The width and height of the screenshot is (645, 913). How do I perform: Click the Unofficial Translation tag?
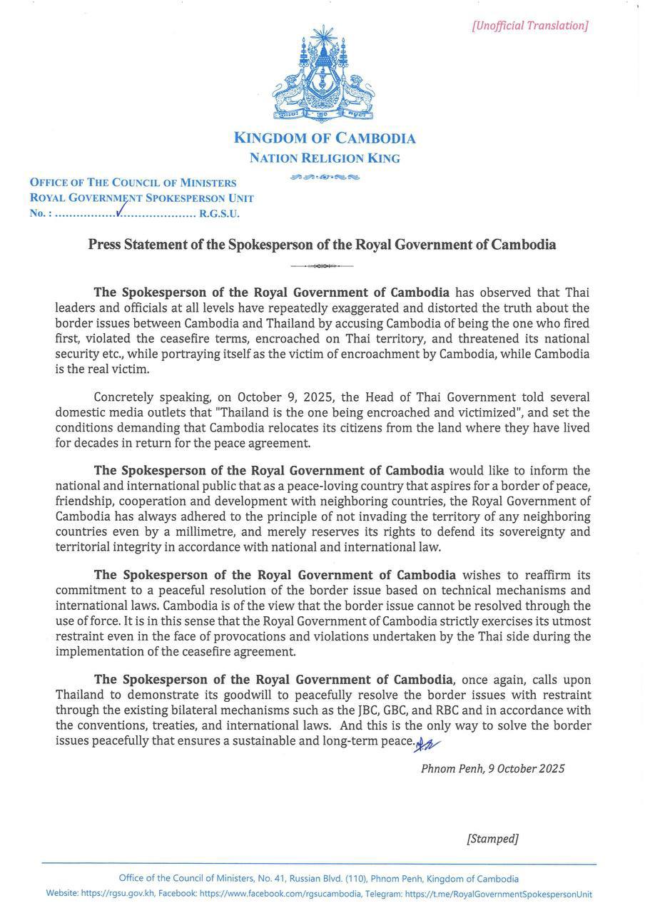pyautogui.click(x=529, y=26)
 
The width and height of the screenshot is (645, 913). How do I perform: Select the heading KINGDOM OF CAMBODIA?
pyautogui.click(x=325, y=138)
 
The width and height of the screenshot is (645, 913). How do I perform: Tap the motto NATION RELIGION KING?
pyautogui.click(x=325, y=158)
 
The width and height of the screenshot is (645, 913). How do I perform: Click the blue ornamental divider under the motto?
pyautogui.click(x=325, y=177)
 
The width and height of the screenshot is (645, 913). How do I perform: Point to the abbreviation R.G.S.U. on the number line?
pyautogui.click(x=219, y=213)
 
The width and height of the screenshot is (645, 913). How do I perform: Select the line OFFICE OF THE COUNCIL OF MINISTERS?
pyautogui.click(x=133, y=183)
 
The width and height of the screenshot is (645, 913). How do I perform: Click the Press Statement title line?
pyautogui.click(x=322, y=245)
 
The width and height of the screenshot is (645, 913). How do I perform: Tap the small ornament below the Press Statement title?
pyautogui.click(x=322, y=266)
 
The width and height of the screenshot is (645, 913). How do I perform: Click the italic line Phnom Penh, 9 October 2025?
pyautogui.click(x=492, y=768)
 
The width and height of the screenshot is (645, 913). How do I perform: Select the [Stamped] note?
pyautogui.click(x=492, y=839)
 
